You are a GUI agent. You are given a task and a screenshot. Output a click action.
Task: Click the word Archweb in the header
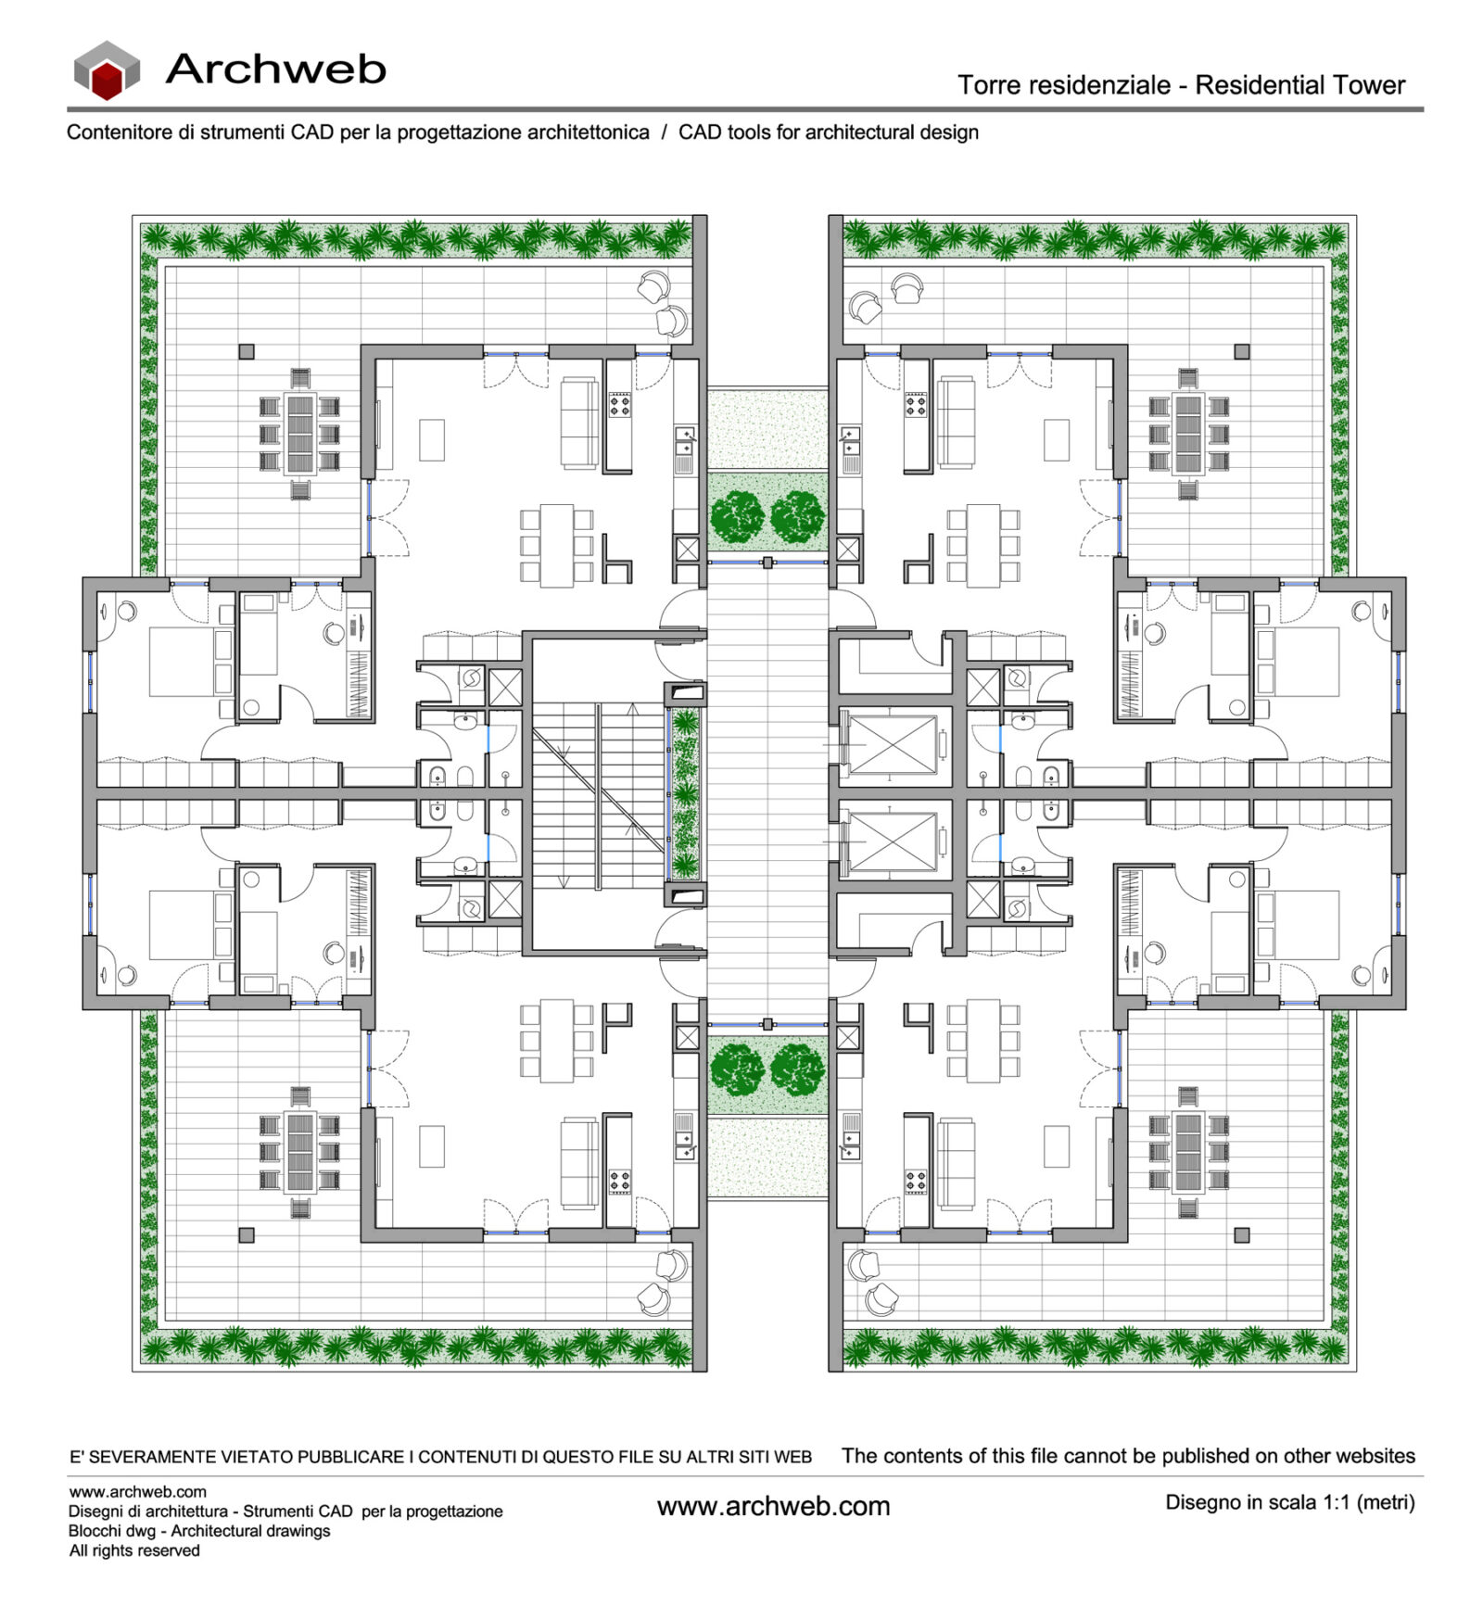[275, 70]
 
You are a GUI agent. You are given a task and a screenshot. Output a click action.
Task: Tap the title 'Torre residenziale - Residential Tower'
[1181, 85]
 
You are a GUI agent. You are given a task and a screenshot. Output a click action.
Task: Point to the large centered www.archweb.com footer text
[773, 1506]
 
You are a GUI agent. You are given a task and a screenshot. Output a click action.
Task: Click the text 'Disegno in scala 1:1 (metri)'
[1289, 1502]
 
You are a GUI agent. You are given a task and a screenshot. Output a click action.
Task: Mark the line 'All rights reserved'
[134, 1550]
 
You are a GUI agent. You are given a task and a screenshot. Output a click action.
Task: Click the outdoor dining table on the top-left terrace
[300, 434]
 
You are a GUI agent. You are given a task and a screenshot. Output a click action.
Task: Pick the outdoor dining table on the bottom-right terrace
[1187, 1152]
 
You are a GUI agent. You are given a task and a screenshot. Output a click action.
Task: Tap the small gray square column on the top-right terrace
[1242, 351]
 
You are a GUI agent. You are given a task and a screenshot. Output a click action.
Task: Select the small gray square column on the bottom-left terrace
[247, 1234]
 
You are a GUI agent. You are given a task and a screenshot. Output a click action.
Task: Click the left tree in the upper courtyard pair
[737, 516]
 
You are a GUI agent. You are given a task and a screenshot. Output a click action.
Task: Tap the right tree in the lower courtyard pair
[797, 1069]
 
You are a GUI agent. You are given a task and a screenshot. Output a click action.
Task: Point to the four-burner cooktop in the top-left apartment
[619, 405]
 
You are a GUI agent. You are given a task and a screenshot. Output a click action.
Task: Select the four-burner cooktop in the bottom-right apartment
[916, 1182]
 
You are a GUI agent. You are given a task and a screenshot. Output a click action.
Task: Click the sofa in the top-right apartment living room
[957, 423]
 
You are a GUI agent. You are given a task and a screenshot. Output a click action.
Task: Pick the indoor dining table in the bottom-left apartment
[557, 1040]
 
